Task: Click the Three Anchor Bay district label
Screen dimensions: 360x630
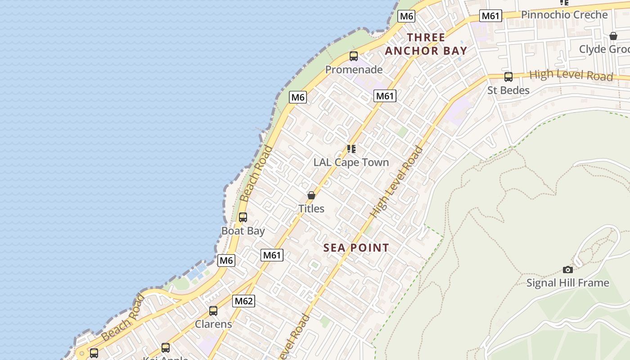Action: click(x=426, y=44)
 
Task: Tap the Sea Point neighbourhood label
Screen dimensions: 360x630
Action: click(x=356, y=247)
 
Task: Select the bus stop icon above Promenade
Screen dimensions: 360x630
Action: click(x=354, y=56)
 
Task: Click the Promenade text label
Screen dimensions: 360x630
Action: click(x=354, y=70)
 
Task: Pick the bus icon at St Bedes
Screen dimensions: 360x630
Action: click(x=508, y=77)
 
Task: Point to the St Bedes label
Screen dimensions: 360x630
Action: click(x=508, y=90)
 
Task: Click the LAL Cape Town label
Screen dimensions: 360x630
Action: click(x=351, y=162)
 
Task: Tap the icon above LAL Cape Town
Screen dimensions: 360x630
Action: click(x=351, y=149)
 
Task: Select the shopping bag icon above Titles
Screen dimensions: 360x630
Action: click(x=311, y=195)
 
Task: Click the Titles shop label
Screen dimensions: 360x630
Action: click(x=311, y=209)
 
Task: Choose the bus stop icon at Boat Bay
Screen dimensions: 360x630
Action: click(x=243, y=217)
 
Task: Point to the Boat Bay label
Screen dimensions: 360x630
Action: click(x=243, y=231)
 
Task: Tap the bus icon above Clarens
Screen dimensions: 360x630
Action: click(x=213, y=310)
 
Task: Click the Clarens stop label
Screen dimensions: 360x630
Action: click(x=213, y=324)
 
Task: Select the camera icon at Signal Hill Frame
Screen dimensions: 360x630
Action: click(x=568, y=270)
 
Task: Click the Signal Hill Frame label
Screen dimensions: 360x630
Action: click(x=567, y=283)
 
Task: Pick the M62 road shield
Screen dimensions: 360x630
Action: click(x=243, y=301)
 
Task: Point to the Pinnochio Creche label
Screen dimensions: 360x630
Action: click(x=564, y=15)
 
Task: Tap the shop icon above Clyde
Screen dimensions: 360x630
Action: click(x=613, y=36)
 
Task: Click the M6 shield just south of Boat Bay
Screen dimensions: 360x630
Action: click(x=226, y=260)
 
